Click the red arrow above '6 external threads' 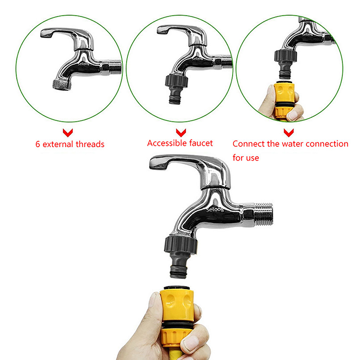point(68,133)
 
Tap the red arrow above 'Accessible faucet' point(181,133)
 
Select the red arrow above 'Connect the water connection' point(288,133)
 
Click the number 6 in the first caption point(38,144)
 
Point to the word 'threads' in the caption point(90,144)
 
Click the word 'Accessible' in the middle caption point(166,143)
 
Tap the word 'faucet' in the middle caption point(201,143)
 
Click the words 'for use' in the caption point(246,158)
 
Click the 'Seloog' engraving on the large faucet point(215,210)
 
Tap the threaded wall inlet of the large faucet point(264,214)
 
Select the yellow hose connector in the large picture point(177,316)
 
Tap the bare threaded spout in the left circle point(62,84)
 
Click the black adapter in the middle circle point(176,88)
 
